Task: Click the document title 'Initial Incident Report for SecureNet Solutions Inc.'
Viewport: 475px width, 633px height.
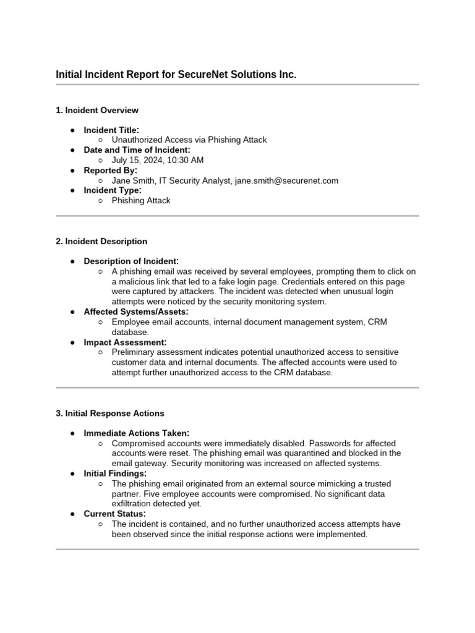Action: point(176,75)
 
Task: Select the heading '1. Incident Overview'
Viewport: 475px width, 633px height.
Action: point(97,111)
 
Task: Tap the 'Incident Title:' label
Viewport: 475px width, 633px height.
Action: point(111,130)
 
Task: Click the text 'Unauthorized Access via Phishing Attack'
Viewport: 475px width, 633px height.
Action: point(189,140)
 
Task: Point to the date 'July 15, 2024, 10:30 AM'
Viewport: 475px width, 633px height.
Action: point(157,160)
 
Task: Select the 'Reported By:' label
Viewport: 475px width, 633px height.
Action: point(111,171)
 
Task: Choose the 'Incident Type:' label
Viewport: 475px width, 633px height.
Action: point(113,190)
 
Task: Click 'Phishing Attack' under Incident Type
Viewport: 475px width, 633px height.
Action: point(141,201)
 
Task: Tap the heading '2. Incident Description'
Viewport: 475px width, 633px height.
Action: point(101,242)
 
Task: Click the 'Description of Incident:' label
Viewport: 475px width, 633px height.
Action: point(132,261)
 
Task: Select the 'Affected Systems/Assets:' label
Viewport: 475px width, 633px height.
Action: point(136,312)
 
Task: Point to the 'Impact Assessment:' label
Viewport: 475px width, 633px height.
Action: point(125,342)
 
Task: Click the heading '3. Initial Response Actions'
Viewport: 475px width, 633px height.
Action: point(110,413)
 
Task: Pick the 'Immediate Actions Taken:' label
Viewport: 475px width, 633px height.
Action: point(137,433)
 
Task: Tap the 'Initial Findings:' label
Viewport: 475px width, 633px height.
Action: point(115,474)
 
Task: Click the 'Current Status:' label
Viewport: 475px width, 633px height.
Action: point(115,514)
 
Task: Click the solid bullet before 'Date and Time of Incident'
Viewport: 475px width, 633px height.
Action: point(73,150)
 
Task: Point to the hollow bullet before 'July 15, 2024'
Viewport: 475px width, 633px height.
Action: point(101,161)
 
